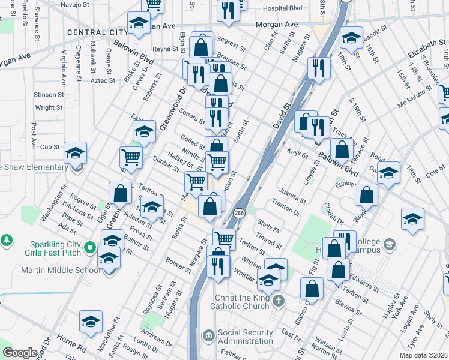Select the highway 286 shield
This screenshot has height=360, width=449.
point(239,213)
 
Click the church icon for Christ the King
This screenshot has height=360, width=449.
point(277,299)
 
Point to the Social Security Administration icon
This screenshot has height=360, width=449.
point(208,334)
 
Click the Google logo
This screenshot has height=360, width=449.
point(20,353)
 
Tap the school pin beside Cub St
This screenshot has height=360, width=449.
point(75,154)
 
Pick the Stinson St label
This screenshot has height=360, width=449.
point(49,94)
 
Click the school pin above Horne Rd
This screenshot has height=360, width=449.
point(91,322)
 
